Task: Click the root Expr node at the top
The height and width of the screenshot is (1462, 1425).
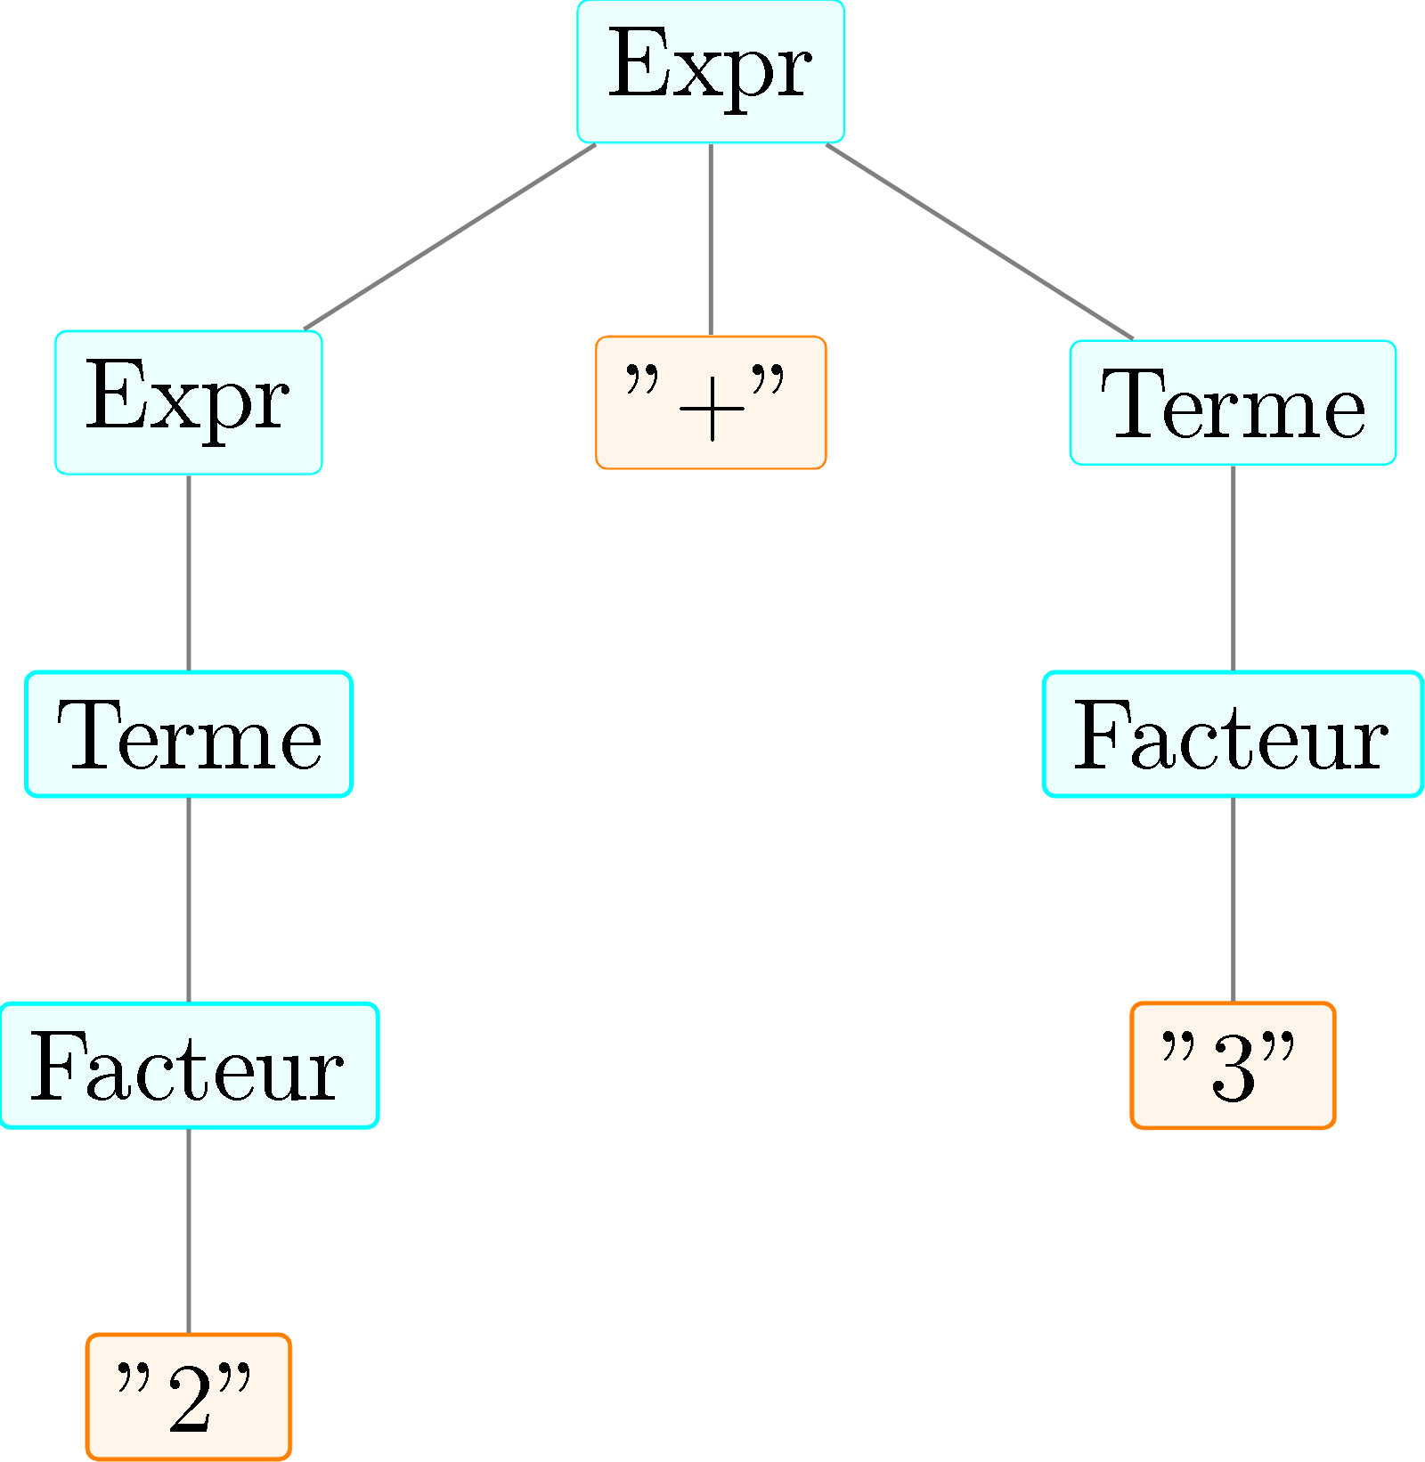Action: click(710, 71)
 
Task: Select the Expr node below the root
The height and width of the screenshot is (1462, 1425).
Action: click(188, 402)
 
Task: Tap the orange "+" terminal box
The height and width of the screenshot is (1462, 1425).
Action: click(710, 402)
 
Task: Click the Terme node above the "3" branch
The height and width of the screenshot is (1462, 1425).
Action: click(1233, 402)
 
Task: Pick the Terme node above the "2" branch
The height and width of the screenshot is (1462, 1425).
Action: click(188, 734)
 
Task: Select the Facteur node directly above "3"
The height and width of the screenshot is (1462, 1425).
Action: click(1233, 734)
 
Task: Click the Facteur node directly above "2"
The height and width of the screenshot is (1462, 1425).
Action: click(188, 1066)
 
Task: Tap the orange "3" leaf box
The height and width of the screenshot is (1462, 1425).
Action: click(1233, 1066)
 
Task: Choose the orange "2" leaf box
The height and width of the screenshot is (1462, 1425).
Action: click(188, 1397)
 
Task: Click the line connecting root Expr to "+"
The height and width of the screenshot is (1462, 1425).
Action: click(710, 239)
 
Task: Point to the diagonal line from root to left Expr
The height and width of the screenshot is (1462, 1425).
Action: click(450, 236)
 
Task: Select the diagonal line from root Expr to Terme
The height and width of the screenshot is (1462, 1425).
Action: click(980, 241)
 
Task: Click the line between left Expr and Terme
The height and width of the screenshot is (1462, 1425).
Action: click(188, 573)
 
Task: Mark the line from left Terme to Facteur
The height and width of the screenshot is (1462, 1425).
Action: click(188, 899)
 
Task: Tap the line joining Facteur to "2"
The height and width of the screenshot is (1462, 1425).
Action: click(188, 1231)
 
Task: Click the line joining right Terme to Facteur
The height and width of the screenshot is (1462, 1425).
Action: click(1233, 568)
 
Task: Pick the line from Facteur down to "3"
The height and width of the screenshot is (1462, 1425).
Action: click(1233, 899)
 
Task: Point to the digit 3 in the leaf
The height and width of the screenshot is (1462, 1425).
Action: click(1234, 1068)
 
